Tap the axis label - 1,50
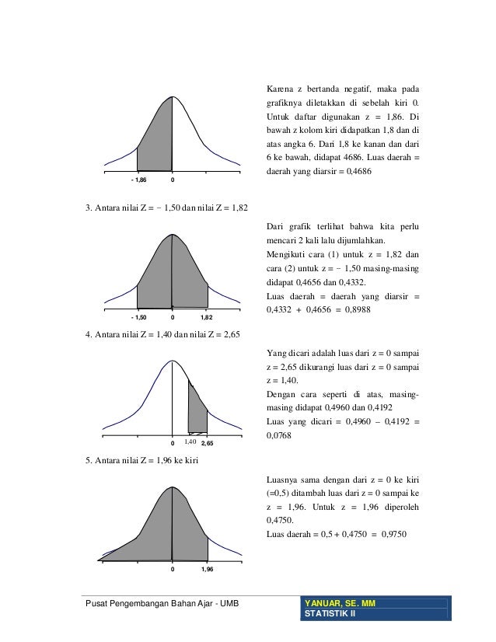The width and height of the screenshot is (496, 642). click(x=138, y=317)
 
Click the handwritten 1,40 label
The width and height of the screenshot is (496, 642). click(x=190, y=441)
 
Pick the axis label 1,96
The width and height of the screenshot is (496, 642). click(x=208, y=570)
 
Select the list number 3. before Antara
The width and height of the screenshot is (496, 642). click(x=88, y=208)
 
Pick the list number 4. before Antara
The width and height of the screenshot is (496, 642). click(x=88, y=335)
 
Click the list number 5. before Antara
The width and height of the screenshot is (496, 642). click(x=88, y=462)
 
